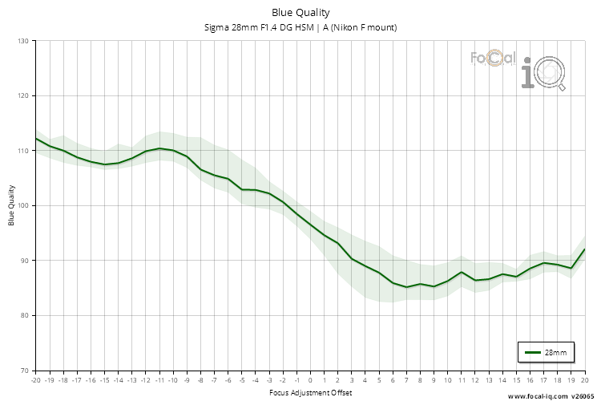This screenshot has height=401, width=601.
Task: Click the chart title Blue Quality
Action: click(x=300, y=12)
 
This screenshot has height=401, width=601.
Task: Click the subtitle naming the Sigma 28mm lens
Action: click(x=300, y=27)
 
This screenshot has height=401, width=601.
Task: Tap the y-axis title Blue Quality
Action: click(x=12, y=205)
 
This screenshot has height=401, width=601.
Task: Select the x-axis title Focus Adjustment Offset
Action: click(x=309, y=393)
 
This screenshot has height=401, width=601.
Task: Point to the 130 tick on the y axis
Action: click(x=22, y=41)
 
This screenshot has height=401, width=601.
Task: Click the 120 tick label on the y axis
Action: click(x=22, y=95)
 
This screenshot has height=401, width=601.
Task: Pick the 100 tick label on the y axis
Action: click(x=22, y=205)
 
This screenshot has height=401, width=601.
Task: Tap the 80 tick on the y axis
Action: click(x=24, y=315)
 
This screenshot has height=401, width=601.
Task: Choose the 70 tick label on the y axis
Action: click(x=24, y=371)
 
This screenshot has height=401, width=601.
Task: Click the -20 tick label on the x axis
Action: click(x=35, y=381)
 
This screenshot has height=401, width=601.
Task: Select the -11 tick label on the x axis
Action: click(x=159, y=381)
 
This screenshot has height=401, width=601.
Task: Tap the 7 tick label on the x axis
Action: click(x=406, y=381)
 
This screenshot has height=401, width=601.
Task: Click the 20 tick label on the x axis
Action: click(x=584, y=381)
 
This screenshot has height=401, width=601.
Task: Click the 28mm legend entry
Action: click(x=547, y=352)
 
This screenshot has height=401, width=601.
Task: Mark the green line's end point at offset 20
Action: click(x=584, y=249)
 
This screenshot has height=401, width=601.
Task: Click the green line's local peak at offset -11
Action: click(x=159, y=148)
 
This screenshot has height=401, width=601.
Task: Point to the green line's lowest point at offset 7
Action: click(x=406, y=286)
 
